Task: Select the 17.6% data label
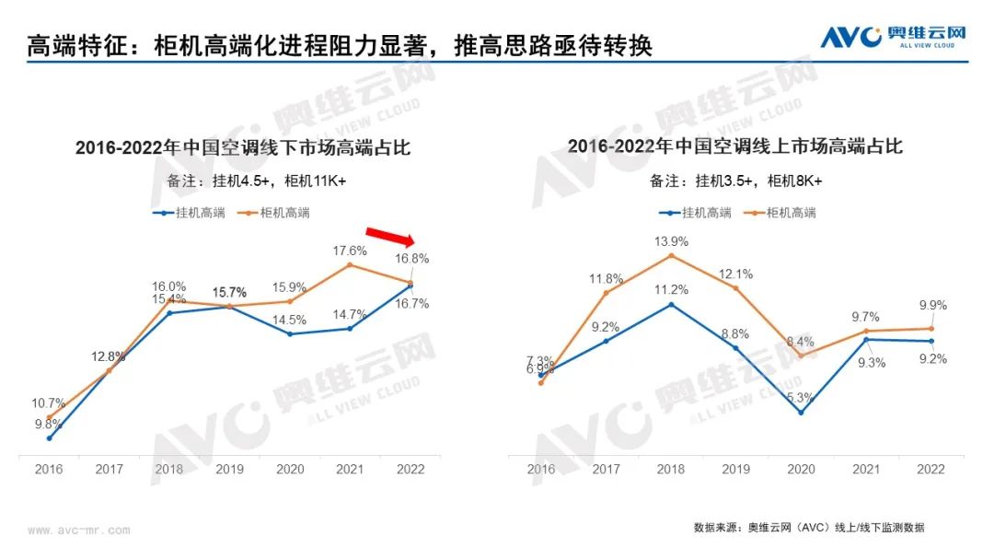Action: pos(350,250)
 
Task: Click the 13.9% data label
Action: pos(671,240)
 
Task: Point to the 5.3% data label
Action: pos(799,398)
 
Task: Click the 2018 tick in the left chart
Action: pos(169,469)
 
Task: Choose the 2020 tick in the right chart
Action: pos(800,469)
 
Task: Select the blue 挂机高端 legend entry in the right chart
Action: pos(696,213)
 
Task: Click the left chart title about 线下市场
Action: pos(243,146)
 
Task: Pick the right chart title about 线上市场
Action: pos(735,146)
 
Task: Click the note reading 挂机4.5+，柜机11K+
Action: pos(244,181)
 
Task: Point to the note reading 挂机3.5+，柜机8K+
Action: pos(736,181)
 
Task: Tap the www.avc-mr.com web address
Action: pos(79,531)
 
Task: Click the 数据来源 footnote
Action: pos(809,528)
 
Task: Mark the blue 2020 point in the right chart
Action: pos(801,413)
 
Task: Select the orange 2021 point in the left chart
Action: pos(350,265)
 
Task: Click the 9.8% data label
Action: pos(48,424)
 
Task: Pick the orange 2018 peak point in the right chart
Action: pos(671,255)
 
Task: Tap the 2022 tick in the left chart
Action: pos(410,469)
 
